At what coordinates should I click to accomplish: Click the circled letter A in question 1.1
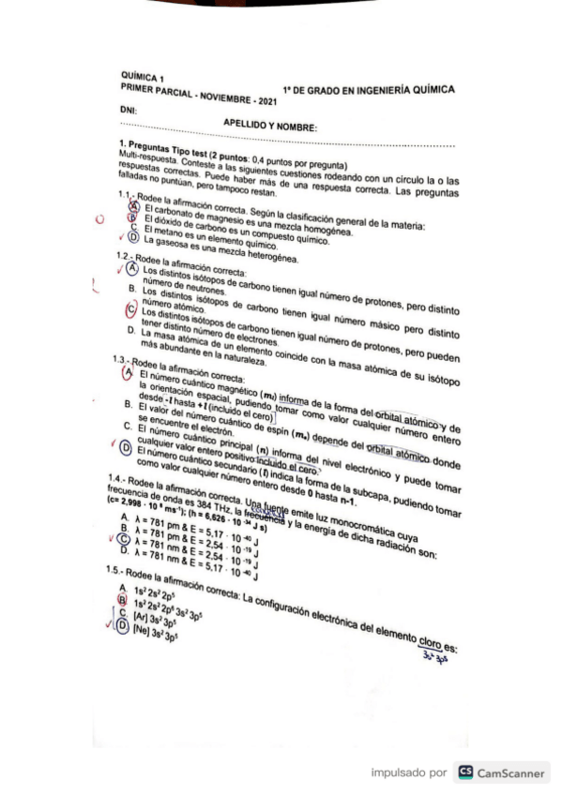[x=134, y=207]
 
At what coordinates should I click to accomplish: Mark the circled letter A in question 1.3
[x=131, y=373]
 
